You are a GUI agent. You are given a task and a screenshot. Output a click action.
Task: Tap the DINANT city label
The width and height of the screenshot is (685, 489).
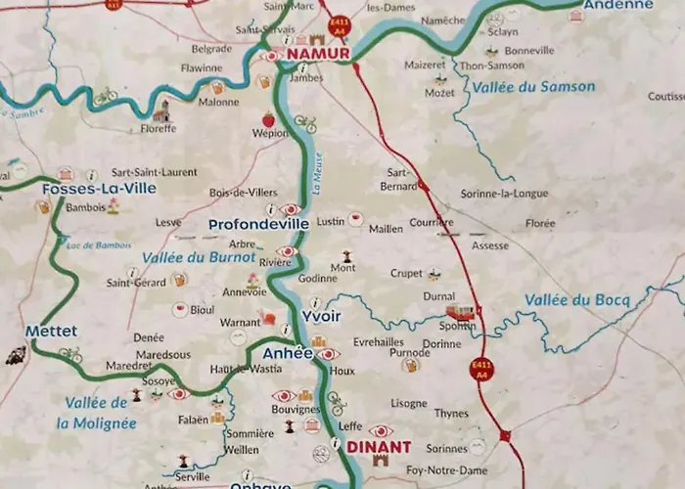[379, 447]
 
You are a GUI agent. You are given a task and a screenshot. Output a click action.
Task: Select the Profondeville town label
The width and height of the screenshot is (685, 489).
[258, 224]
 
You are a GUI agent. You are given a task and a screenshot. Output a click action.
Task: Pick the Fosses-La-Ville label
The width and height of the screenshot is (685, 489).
[100, 188]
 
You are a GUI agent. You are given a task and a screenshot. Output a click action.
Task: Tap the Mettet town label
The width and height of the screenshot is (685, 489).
[52, 332]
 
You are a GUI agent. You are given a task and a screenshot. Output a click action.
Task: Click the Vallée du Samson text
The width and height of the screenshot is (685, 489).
[533, 86]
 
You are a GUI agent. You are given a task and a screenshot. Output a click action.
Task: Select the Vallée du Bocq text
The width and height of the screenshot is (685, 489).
[576, 299]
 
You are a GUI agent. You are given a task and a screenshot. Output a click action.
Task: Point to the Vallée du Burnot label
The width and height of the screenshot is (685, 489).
[199, 258]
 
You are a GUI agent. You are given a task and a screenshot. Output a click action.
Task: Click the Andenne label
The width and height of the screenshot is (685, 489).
[617, 5]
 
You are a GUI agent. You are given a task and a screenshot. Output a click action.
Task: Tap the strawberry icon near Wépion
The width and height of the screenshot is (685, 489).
[267, 119]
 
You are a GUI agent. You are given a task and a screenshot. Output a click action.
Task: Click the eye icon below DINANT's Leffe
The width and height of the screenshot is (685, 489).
[380, 430]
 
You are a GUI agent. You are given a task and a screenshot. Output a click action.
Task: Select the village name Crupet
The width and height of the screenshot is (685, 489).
[406, 274]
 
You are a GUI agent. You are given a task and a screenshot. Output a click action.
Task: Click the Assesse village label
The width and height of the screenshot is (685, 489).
[489, 245]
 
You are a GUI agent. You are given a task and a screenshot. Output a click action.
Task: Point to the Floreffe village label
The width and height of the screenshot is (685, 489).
[159, 128]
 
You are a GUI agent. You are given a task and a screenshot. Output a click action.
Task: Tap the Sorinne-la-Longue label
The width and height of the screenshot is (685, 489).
[504, 194]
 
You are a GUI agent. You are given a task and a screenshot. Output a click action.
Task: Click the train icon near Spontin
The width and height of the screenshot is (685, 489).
[460, 313]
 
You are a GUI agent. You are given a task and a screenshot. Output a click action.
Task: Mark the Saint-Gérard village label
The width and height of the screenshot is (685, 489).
[136, 284]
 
